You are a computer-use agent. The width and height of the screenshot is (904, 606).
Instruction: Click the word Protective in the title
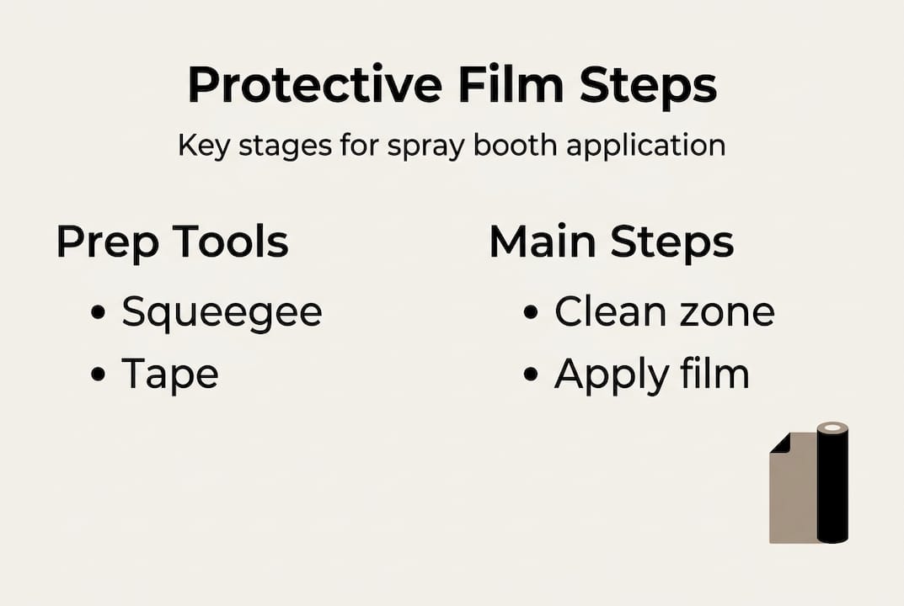point(314,85)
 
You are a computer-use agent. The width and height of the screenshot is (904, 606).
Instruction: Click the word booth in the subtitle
point(515,145)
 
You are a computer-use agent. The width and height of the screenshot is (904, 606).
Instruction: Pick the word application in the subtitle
point(645,146)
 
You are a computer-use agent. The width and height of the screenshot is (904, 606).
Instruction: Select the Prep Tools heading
point(173,242)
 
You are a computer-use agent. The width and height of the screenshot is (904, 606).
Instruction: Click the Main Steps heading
point(611,242)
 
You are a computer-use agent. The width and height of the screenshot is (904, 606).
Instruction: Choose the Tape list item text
point(169,375)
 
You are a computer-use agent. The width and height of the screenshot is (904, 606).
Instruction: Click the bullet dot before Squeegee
point(99,313)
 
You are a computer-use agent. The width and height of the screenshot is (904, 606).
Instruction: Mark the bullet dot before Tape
point(99,375)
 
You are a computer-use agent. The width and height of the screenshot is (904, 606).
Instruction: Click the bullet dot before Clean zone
point(531,313)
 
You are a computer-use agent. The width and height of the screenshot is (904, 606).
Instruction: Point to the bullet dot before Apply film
point(531,375)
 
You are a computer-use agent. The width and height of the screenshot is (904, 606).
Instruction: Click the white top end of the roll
point(833,428)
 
